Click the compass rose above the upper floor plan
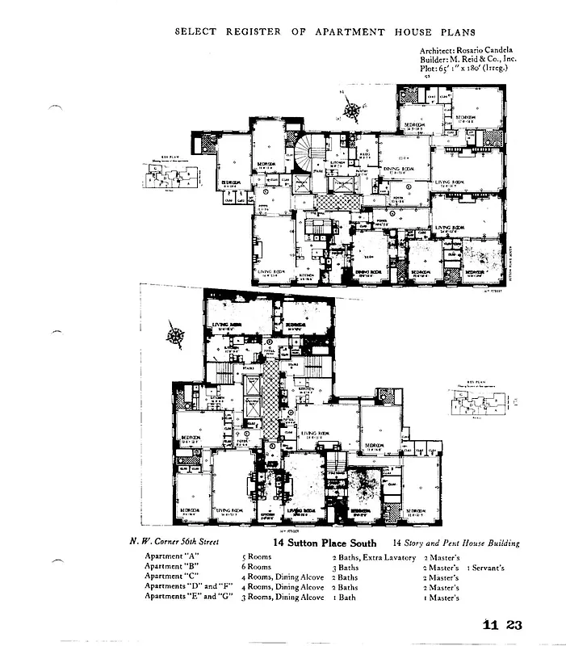pos(352,108)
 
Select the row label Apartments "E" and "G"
pos(188,597)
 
